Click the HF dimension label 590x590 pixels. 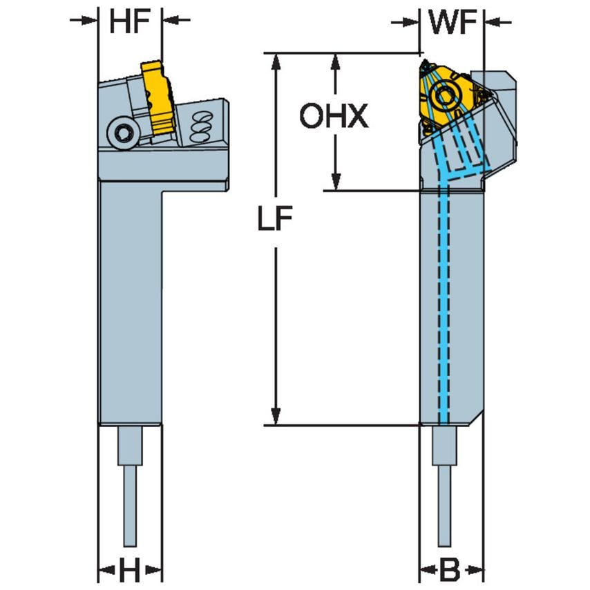130,23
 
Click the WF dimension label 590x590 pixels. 453,23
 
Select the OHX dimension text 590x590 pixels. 334,117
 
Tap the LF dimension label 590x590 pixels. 276,219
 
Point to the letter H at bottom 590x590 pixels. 129,571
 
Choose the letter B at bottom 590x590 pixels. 450,571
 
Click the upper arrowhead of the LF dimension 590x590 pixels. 276,60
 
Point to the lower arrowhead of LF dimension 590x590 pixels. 276,416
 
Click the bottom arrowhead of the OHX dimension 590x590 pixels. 335,182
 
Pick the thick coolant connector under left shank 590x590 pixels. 129,446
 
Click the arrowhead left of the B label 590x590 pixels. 428,571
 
